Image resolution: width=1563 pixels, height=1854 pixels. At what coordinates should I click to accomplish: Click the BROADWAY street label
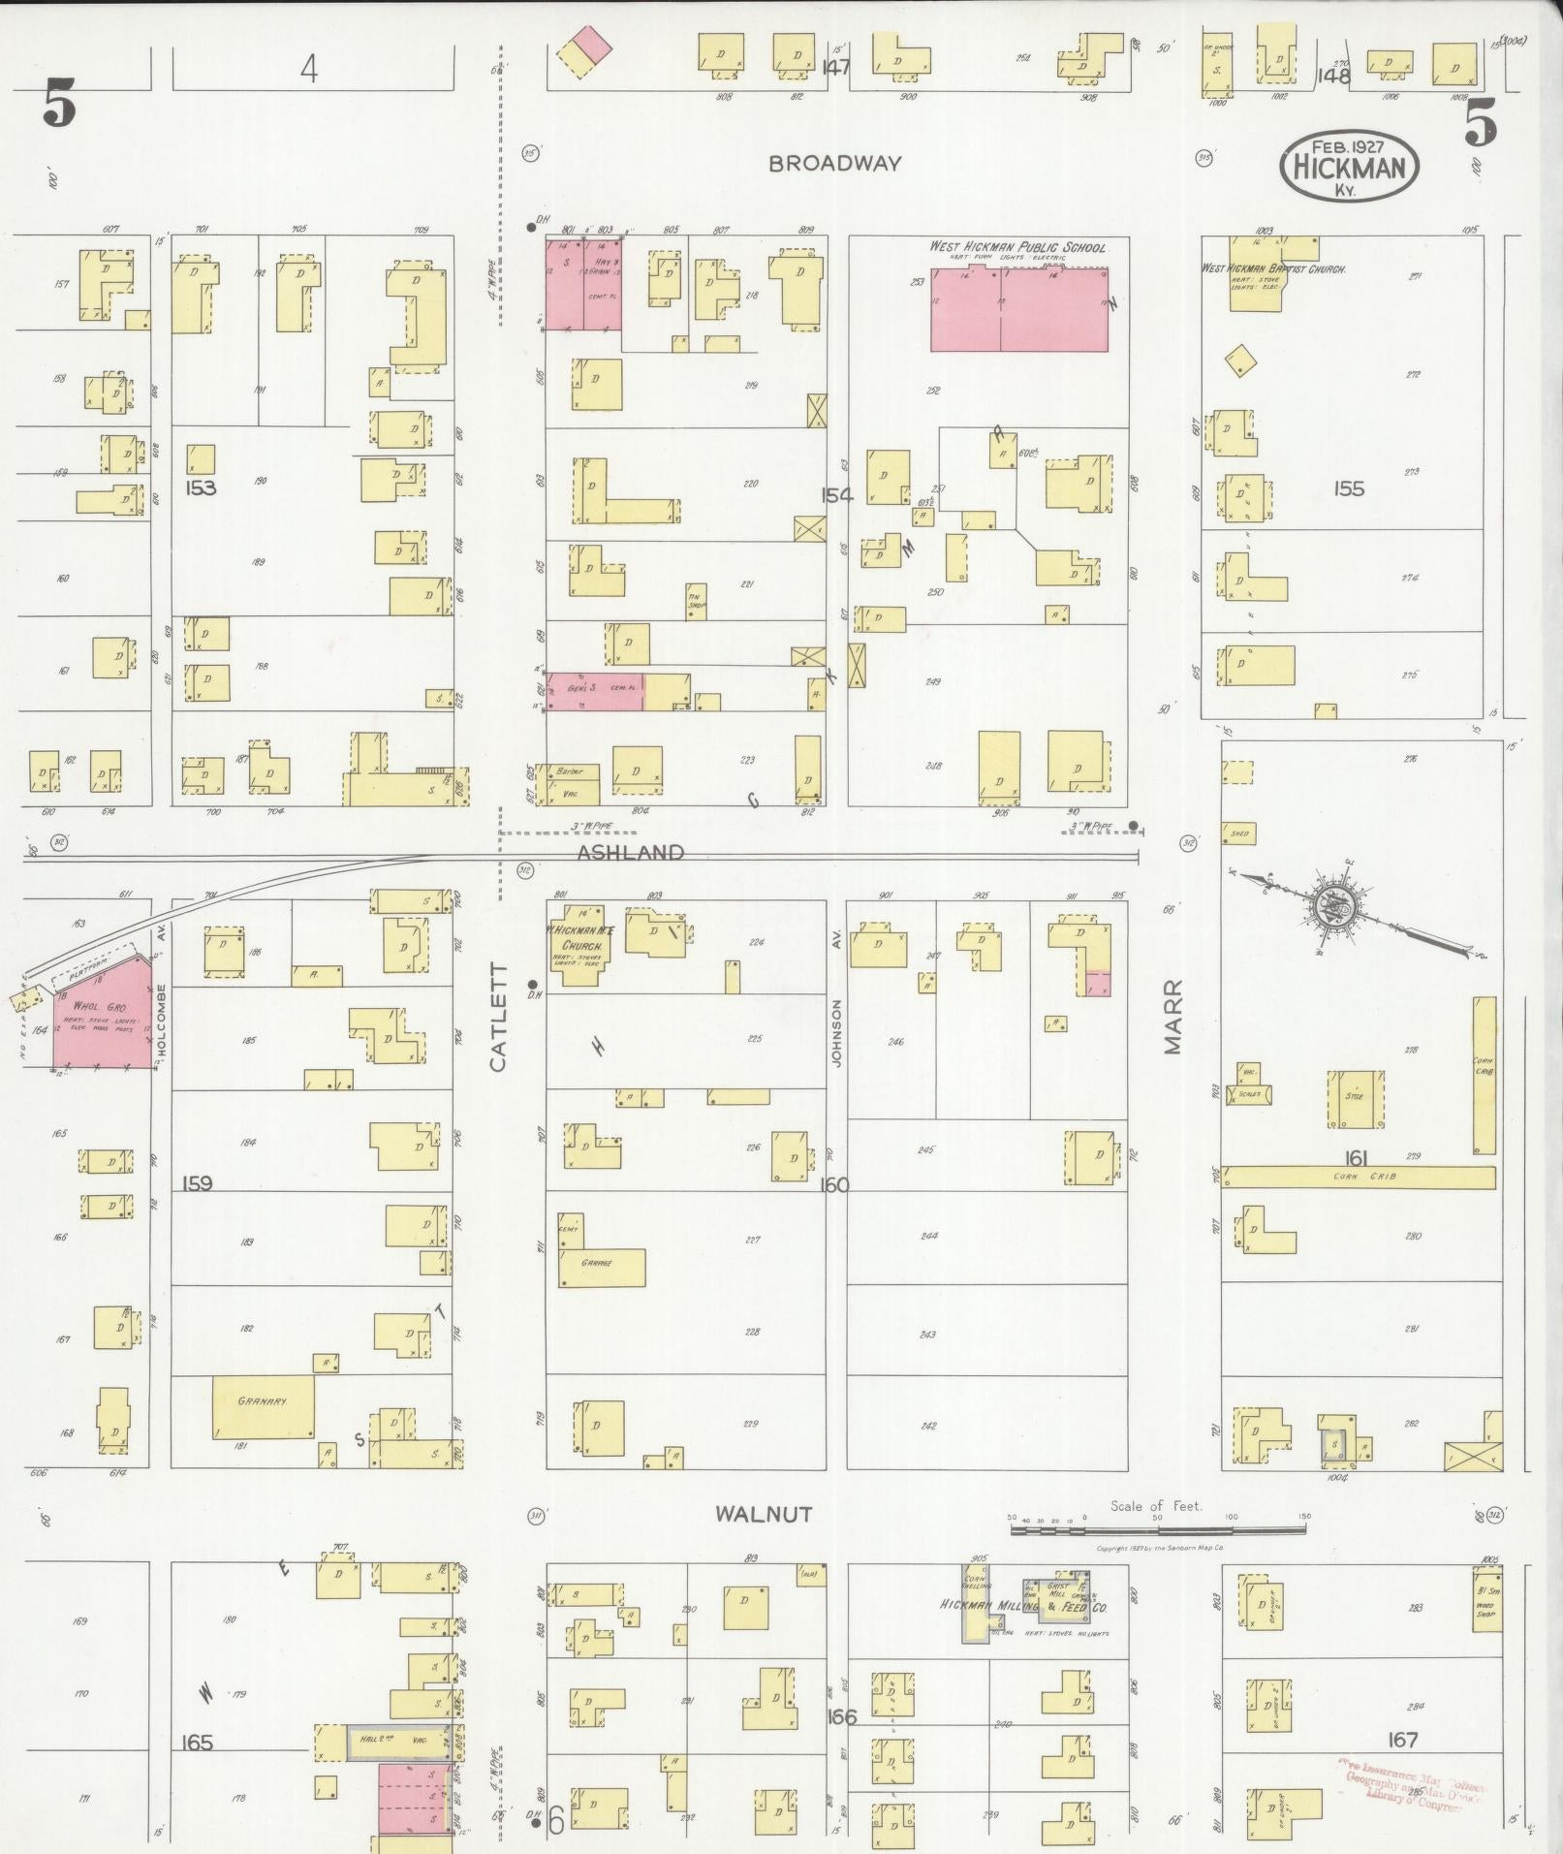[x=834, y=164]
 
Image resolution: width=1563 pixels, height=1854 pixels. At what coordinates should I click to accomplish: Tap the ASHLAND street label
[x=631, y=853]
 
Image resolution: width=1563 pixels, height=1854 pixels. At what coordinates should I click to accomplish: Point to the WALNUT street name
[x=764, y=1514]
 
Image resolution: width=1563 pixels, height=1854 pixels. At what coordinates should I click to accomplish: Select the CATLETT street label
[x=498, y=1017]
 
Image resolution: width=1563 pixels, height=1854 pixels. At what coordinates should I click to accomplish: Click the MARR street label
[x=1173, y=1016]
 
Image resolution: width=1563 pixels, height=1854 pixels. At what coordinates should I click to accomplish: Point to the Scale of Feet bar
[x=1159, y=1528]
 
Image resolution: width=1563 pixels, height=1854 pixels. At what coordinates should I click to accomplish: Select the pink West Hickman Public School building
[x=1020, y=309]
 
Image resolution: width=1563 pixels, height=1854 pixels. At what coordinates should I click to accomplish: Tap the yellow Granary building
[x=263, y=1406]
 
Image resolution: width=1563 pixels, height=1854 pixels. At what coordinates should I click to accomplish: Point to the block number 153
[x=201, y=487]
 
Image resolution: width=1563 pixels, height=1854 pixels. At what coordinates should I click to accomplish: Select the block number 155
[x=1348, y=488]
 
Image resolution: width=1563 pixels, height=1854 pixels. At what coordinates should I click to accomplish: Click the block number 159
[x=197, y=1183]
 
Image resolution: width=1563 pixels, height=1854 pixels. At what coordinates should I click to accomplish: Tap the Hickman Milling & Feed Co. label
[x=1023, y=1606]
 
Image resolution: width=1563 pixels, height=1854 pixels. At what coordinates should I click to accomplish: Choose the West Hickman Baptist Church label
[x=1273, y=267]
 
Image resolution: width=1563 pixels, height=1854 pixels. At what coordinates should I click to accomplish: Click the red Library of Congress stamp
[x=1416, y=1775]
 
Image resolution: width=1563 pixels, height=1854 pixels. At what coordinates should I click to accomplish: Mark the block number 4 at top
[x=308, y=69]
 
